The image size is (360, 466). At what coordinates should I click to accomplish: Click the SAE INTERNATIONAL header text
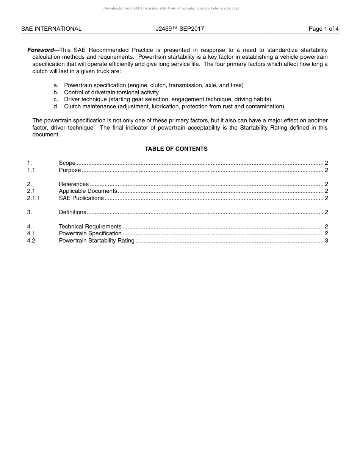[x=51, y=29]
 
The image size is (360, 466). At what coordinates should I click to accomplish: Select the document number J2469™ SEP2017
[x=180, y=29]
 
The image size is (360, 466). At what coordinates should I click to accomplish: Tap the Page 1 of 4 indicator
[x=323, y=29]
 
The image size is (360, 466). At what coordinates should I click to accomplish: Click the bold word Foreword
[x=41, y=50]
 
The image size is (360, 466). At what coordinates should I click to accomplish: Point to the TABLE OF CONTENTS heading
[x=176, y=149]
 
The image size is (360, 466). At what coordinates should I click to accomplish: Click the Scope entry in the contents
[x=67, y=163]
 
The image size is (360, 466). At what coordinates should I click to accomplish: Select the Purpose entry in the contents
[x=70, y=170]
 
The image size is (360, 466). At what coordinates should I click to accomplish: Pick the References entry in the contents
[x=74, y=184]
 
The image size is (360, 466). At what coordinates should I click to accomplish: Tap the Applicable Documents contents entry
[x=88, y=191]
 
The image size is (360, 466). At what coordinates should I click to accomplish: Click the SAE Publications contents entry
[x=81, y=198]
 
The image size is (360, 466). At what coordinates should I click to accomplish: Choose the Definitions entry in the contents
[x=72, y=212]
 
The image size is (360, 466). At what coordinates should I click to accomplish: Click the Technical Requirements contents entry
[x=90, y=227]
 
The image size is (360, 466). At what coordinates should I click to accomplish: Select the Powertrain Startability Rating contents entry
[x=97, y=241]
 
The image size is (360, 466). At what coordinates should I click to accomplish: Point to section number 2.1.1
[x=33, y=198]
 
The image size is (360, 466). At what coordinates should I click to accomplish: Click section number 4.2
[x=31, y=241]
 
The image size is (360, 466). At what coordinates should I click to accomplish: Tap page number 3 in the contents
[x=326, y=241]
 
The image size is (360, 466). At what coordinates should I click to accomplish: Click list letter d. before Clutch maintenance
[x=56, y=106]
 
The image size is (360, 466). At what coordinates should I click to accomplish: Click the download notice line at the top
[x=171, y=8]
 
